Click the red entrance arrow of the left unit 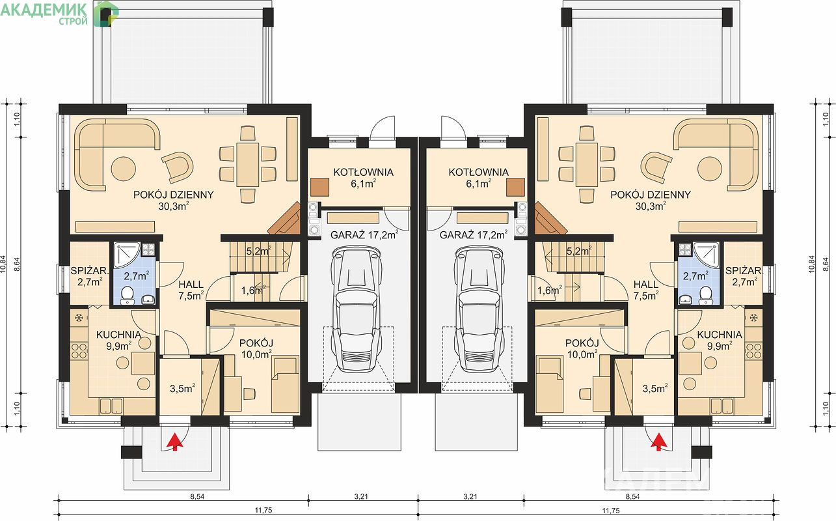coord(174,441)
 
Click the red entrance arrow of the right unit coord(660,441)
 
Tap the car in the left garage coord(357,309)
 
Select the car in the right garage coord(479,309)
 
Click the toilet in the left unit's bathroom coord(128,295)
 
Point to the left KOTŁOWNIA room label coord(363,172)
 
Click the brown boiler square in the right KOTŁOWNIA coord(515,187)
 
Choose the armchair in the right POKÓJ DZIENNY coord(656,167)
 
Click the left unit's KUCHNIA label coord(118,335)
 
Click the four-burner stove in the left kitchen coord(79,351)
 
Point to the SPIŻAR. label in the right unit coord(744,271)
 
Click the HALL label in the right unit coord(646,285)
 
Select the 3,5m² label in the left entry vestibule coord(183,388)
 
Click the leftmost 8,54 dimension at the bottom coord(197,497)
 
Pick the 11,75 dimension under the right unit coord(611,511)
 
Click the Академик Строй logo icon coord(105,14)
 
